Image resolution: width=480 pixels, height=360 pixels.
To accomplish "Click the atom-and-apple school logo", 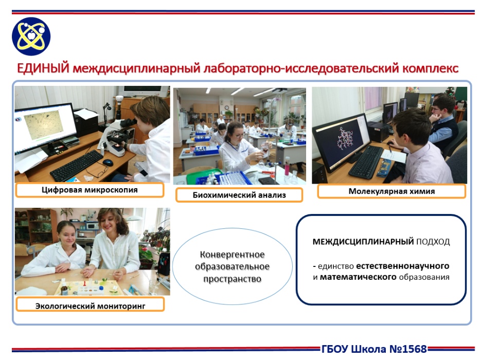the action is pos(31,37).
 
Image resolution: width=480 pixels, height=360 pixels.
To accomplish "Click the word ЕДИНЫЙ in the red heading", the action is pos(43,68).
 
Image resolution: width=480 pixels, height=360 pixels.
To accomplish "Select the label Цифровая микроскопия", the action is pos(90,190).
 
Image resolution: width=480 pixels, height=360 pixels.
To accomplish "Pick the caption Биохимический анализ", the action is pos(239,195).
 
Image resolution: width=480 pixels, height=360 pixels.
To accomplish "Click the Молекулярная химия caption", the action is pos(392,191).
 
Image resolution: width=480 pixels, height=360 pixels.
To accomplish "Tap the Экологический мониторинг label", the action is pos(91,306).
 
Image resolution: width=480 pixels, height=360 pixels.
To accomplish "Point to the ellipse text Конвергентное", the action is pos(232,255).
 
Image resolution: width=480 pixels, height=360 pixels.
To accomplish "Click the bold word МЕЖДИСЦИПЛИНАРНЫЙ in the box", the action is pos(363,242).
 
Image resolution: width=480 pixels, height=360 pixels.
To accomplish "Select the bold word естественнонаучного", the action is pos(402,266).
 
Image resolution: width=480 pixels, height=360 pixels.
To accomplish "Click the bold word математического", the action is pos(358,277).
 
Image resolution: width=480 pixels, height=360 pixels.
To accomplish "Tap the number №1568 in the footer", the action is pos(408,349).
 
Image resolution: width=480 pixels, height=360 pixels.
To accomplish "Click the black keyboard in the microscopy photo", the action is pos(77,165).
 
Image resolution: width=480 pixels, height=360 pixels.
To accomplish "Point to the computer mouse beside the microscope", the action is pos(108,163).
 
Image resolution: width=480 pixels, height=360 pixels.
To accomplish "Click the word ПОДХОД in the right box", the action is pos(433,242).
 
